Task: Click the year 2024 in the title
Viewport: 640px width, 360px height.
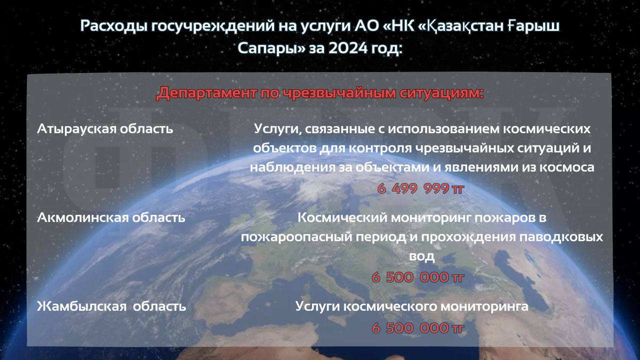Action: [348, 48]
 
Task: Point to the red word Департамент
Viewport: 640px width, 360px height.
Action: [206, 93]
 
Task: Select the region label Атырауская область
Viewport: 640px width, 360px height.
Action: [105, 129]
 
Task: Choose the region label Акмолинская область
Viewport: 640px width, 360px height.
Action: [111, 217]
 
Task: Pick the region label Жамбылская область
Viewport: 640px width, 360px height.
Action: [111, 306]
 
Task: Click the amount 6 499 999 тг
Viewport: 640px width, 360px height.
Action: [420, 188]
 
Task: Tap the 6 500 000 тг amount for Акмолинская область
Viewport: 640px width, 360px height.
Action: [417, 277]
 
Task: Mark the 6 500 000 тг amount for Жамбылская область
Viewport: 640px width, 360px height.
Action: [417, 328]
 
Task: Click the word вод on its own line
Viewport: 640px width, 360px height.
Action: [422, 256]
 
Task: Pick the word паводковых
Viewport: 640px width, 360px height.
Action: [561, 237]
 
